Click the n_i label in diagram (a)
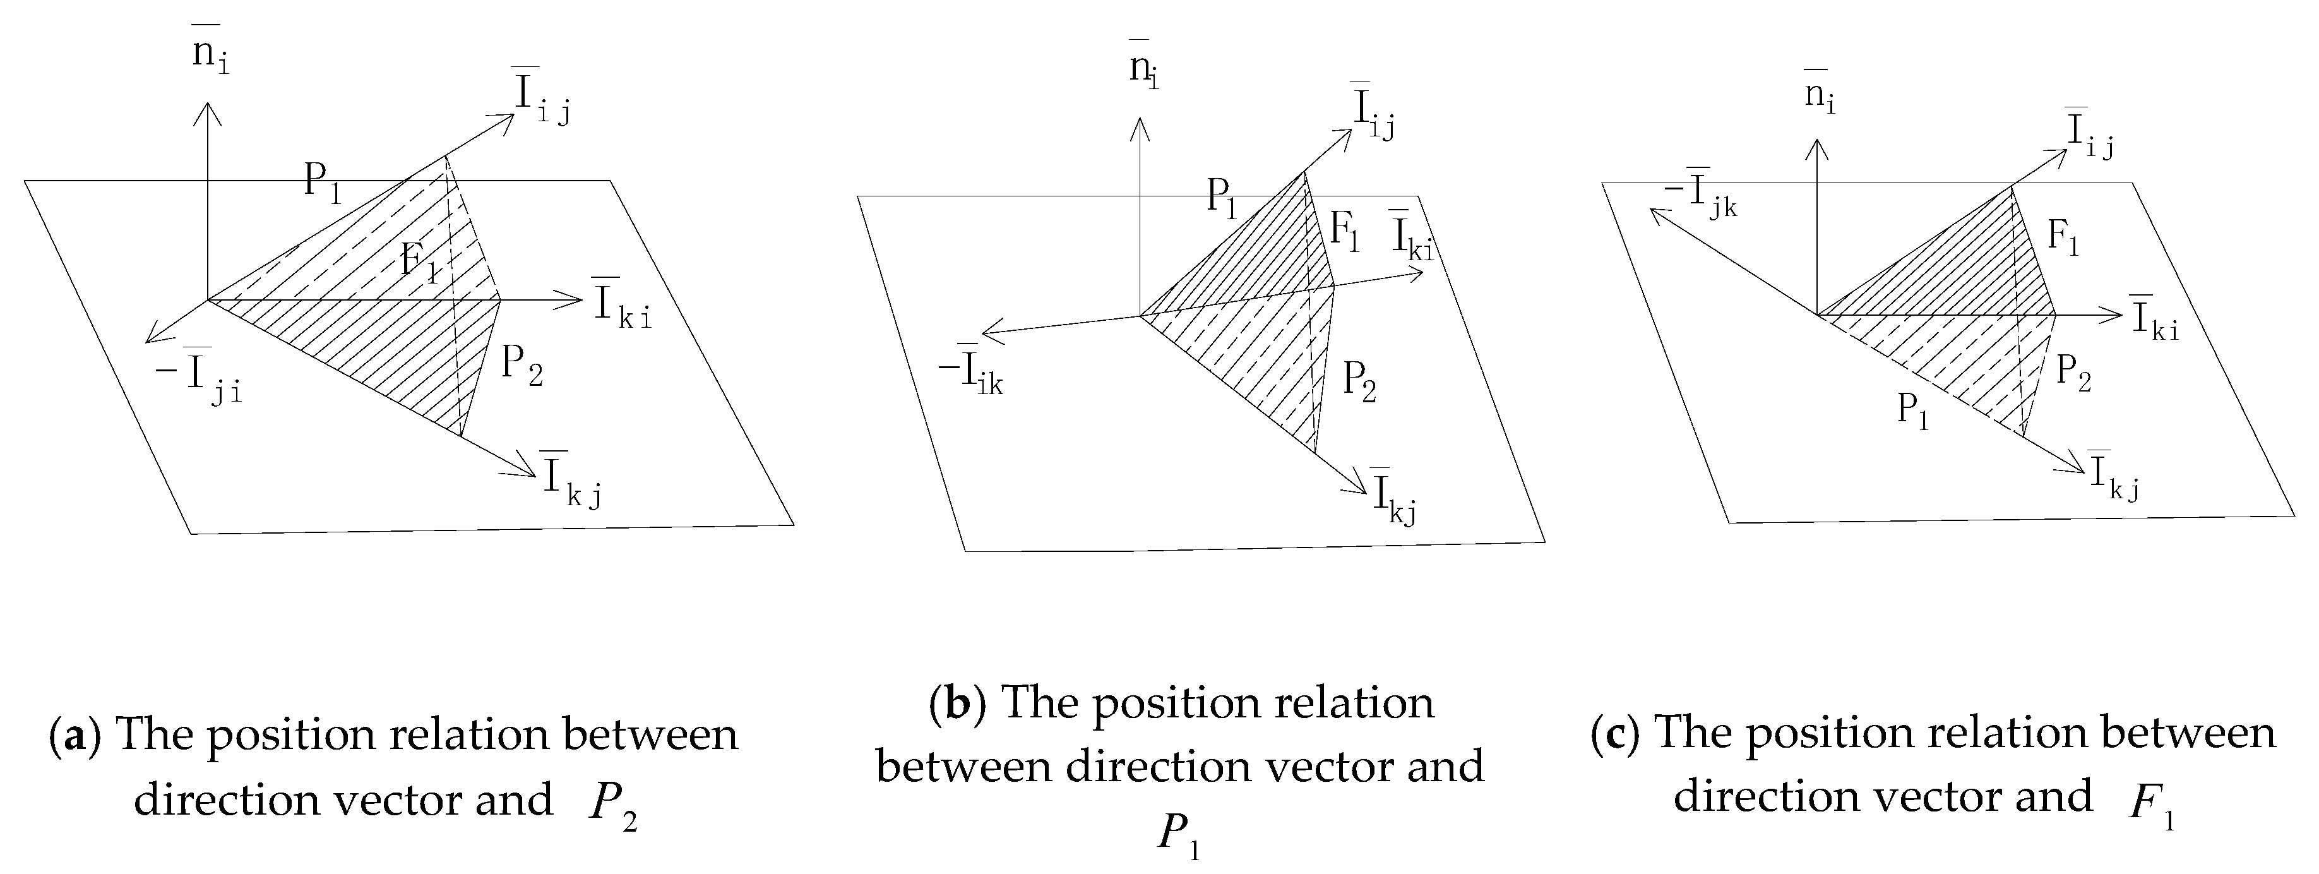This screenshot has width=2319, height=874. coord(209,54)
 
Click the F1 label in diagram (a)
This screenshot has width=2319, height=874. coord(419,262)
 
